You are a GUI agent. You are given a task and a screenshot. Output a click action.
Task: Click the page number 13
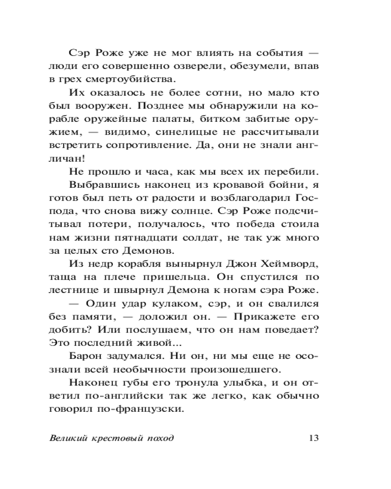pos(314,438)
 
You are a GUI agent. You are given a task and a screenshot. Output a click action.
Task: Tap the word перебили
pos(291,171)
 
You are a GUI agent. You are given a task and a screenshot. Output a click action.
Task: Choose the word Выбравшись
pos(100,184)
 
